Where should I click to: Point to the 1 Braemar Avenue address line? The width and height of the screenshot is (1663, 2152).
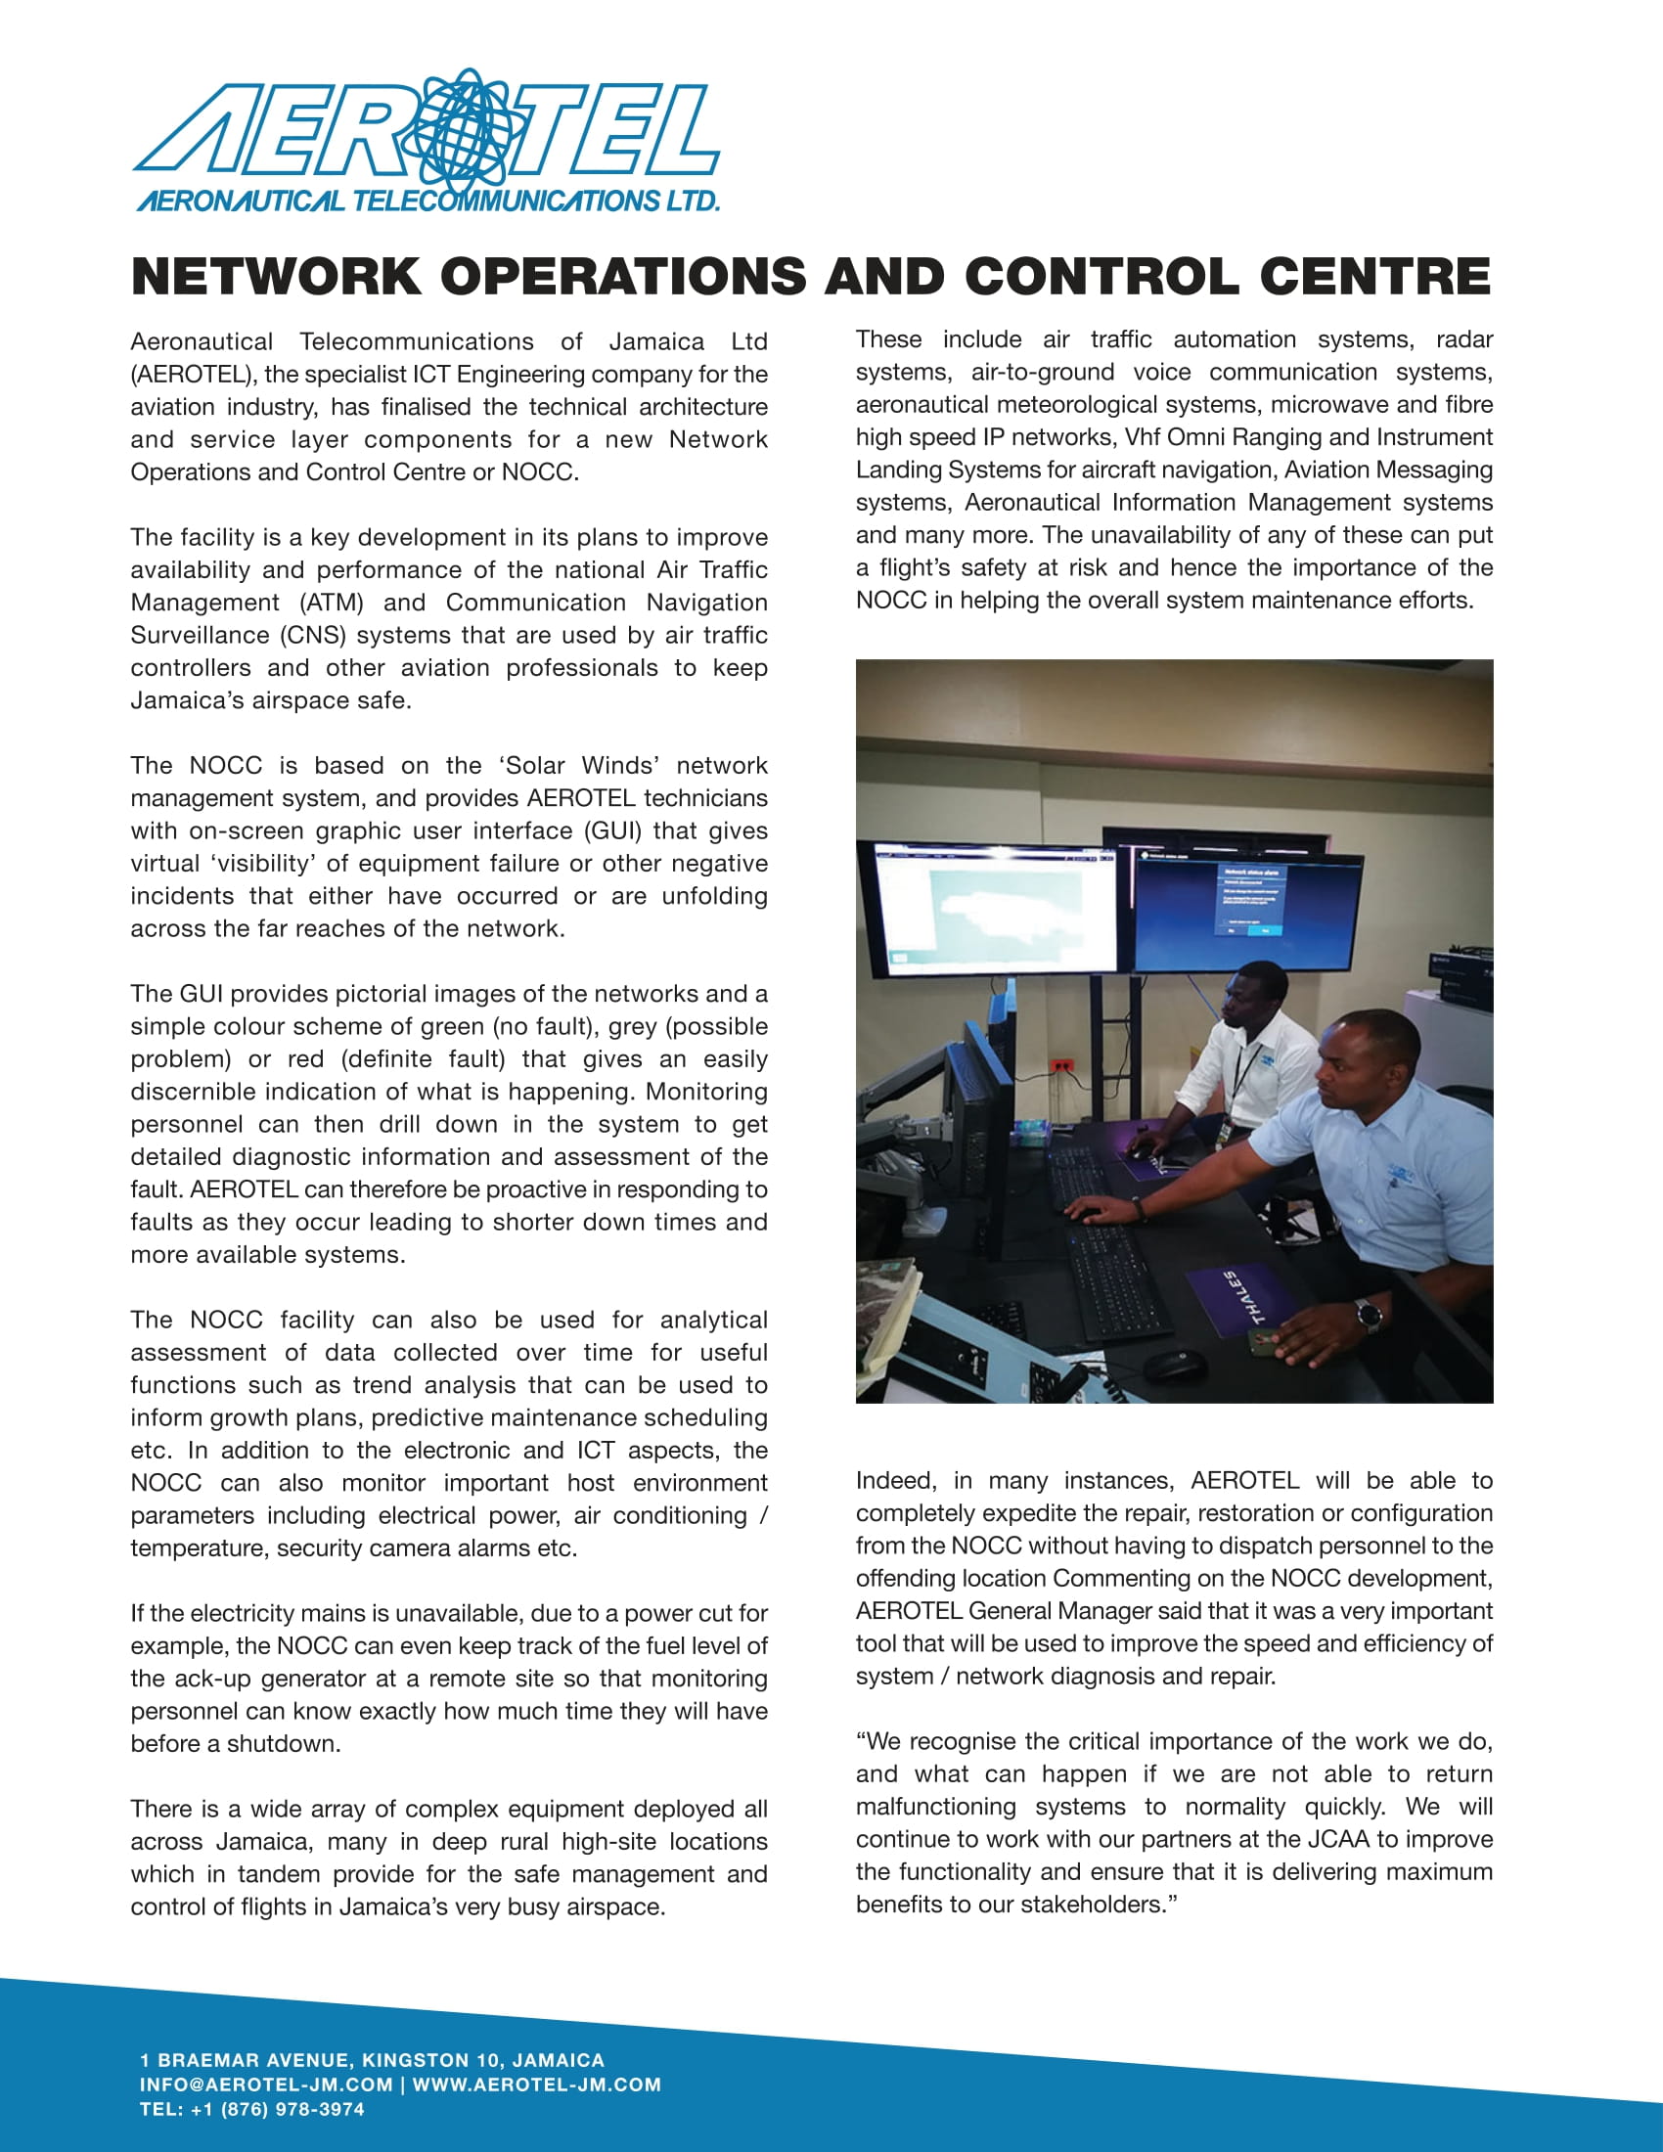[373, 2060]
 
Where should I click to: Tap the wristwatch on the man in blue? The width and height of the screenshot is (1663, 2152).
[1367, 1314]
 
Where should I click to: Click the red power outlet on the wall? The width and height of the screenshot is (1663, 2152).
[1062, 1065]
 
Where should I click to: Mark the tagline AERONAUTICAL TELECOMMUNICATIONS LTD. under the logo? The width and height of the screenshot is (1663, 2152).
[428, 201]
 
